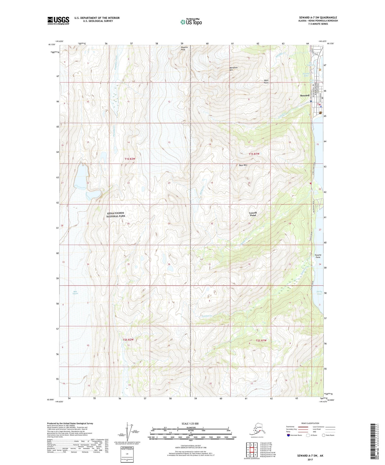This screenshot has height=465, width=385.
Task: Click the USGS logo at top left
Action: click(58, 21)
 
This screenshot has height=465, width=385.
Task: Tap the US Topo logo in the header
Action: click(191, 22)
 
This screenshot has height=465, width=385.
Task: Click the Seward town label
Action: click(305, 95)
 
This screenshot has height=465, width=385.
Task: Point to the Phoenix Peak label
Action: click(183, 48)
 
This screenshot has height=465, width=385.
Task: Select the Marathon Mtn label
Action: click(233, 69)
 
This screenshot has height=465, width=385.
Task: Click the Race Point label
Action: click(266, 81)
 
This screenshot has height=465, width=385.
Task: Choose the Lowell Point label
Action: click(253, 214)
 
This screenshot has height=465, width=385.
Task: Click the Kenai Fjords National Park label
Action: click(116, 215)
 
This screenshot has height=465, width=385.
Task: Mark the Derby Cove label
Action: click(319, 293)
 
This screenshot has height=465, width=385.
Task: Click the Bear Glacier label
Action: click(76, 292)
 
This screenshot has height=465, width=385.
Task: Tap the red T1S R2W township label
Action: click(130, 159)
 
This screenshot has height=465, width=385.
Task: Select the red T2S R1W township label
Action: click(261, 340)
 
